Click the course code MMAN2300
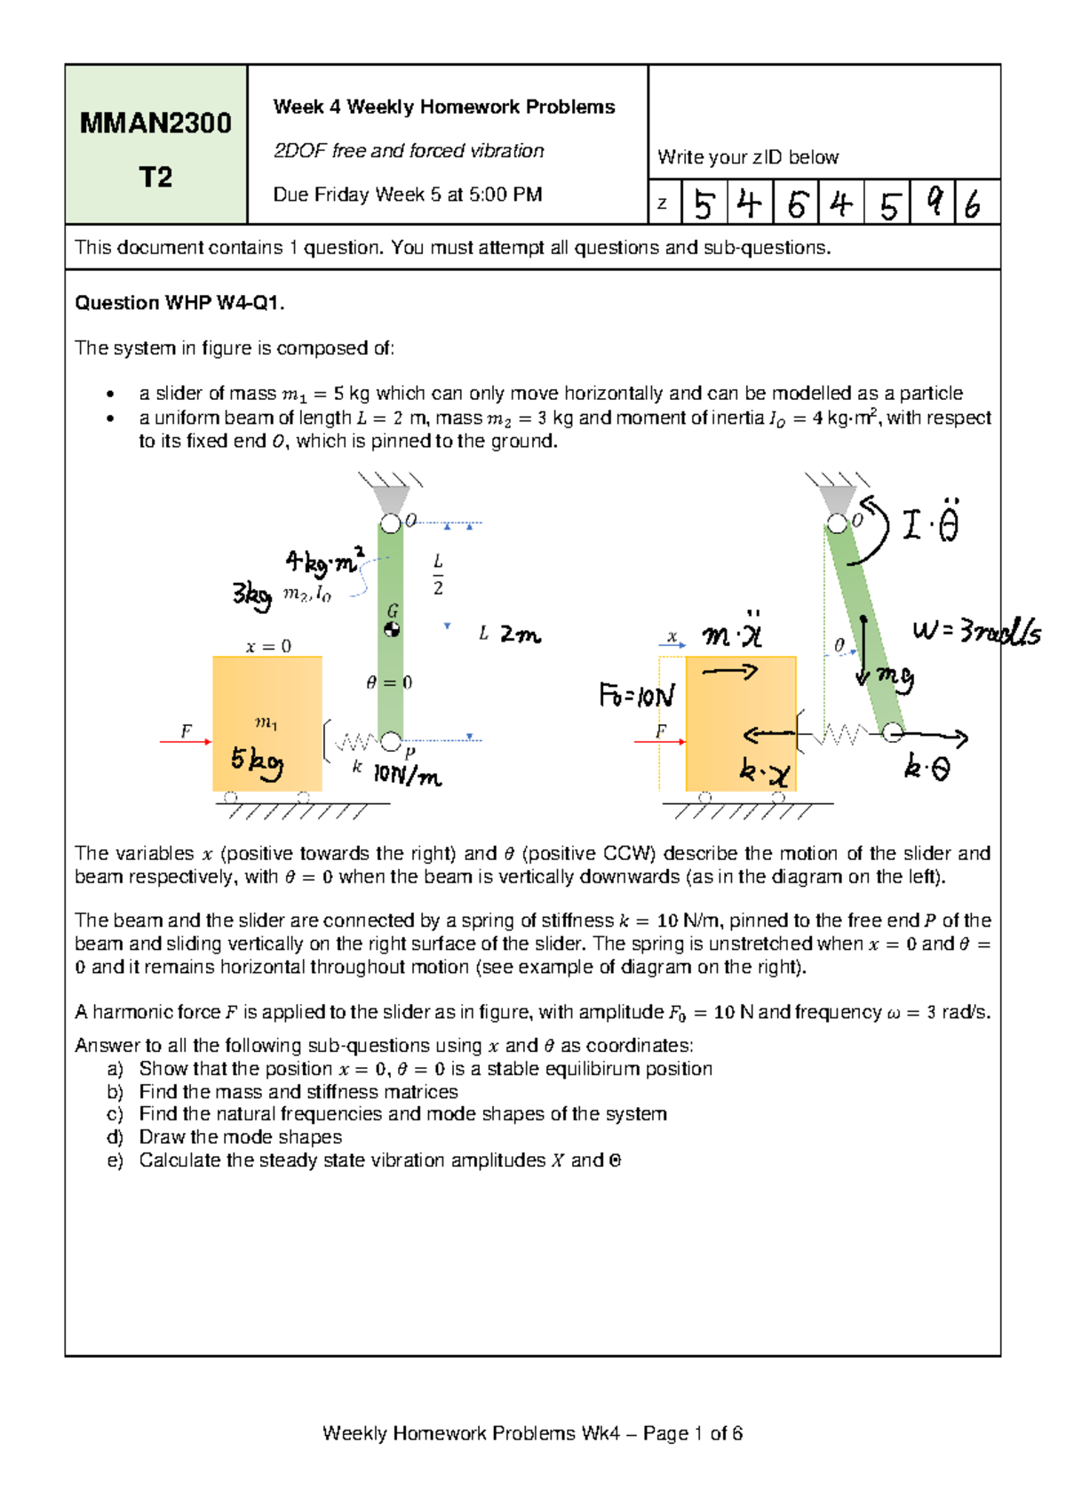(155, 123)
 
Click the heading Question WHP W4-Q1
(179, 303)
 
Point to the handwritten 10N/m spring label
(407, 776)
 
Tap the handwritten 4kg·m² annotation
(324, 562)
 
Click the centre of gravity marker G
(392, 629)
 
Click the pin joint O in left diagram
(390, 523)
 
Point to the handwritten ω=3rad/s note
(976, 633)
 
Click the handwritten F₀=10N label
(637, 695)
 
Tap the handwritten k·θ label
(927, 767)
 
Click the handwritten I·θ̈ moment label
(930, 522)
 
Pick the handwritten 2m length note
(520, 634)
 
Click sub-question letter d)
(115, 1137)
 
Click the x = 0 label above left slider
(268, 646)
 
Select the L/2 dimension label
(438, 574)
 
